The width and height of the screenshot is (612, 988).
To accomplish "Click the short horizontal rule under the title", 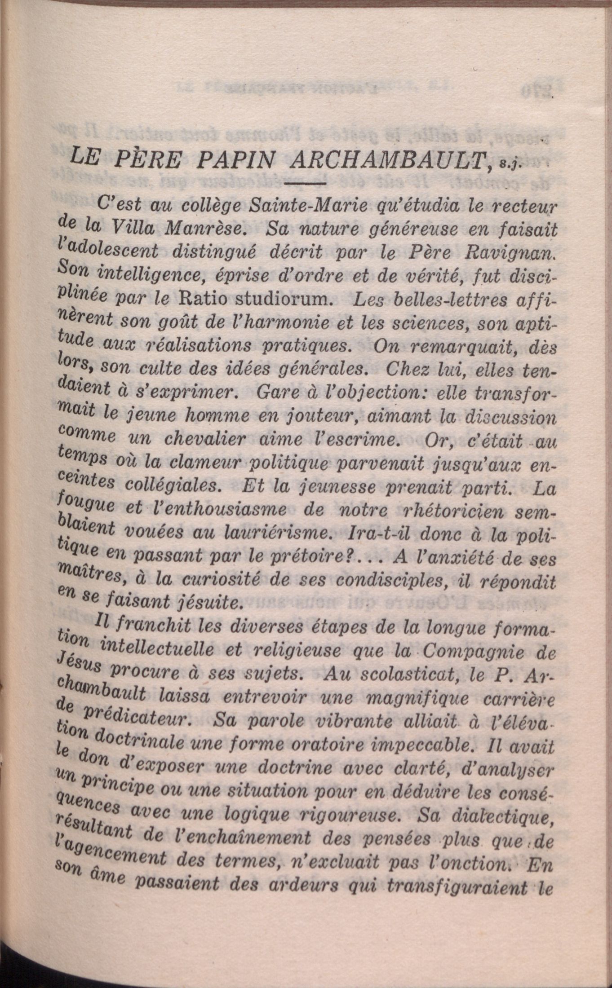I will (304, 184).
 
